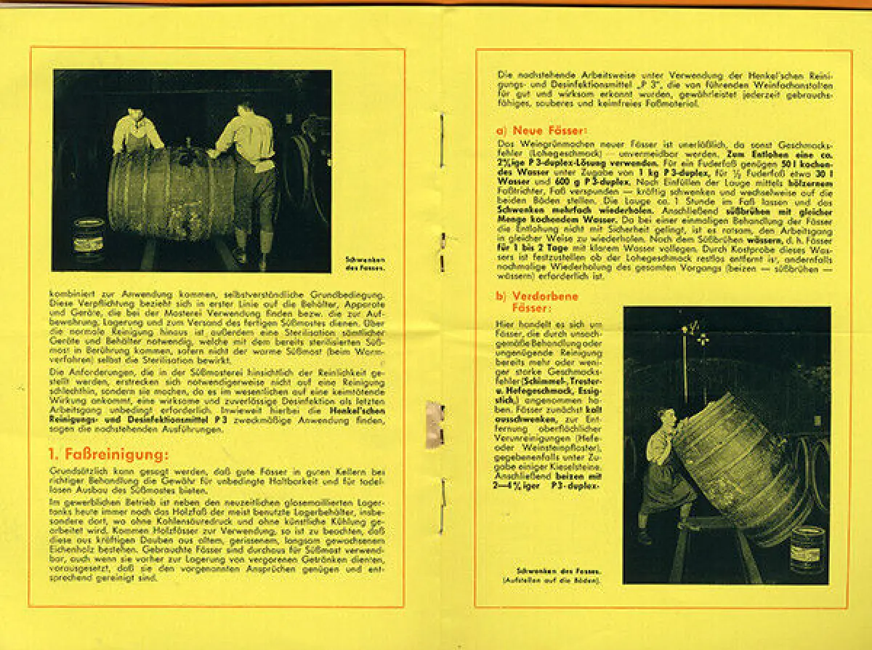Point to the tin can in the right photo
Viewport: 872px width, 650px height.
[807, 549]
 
